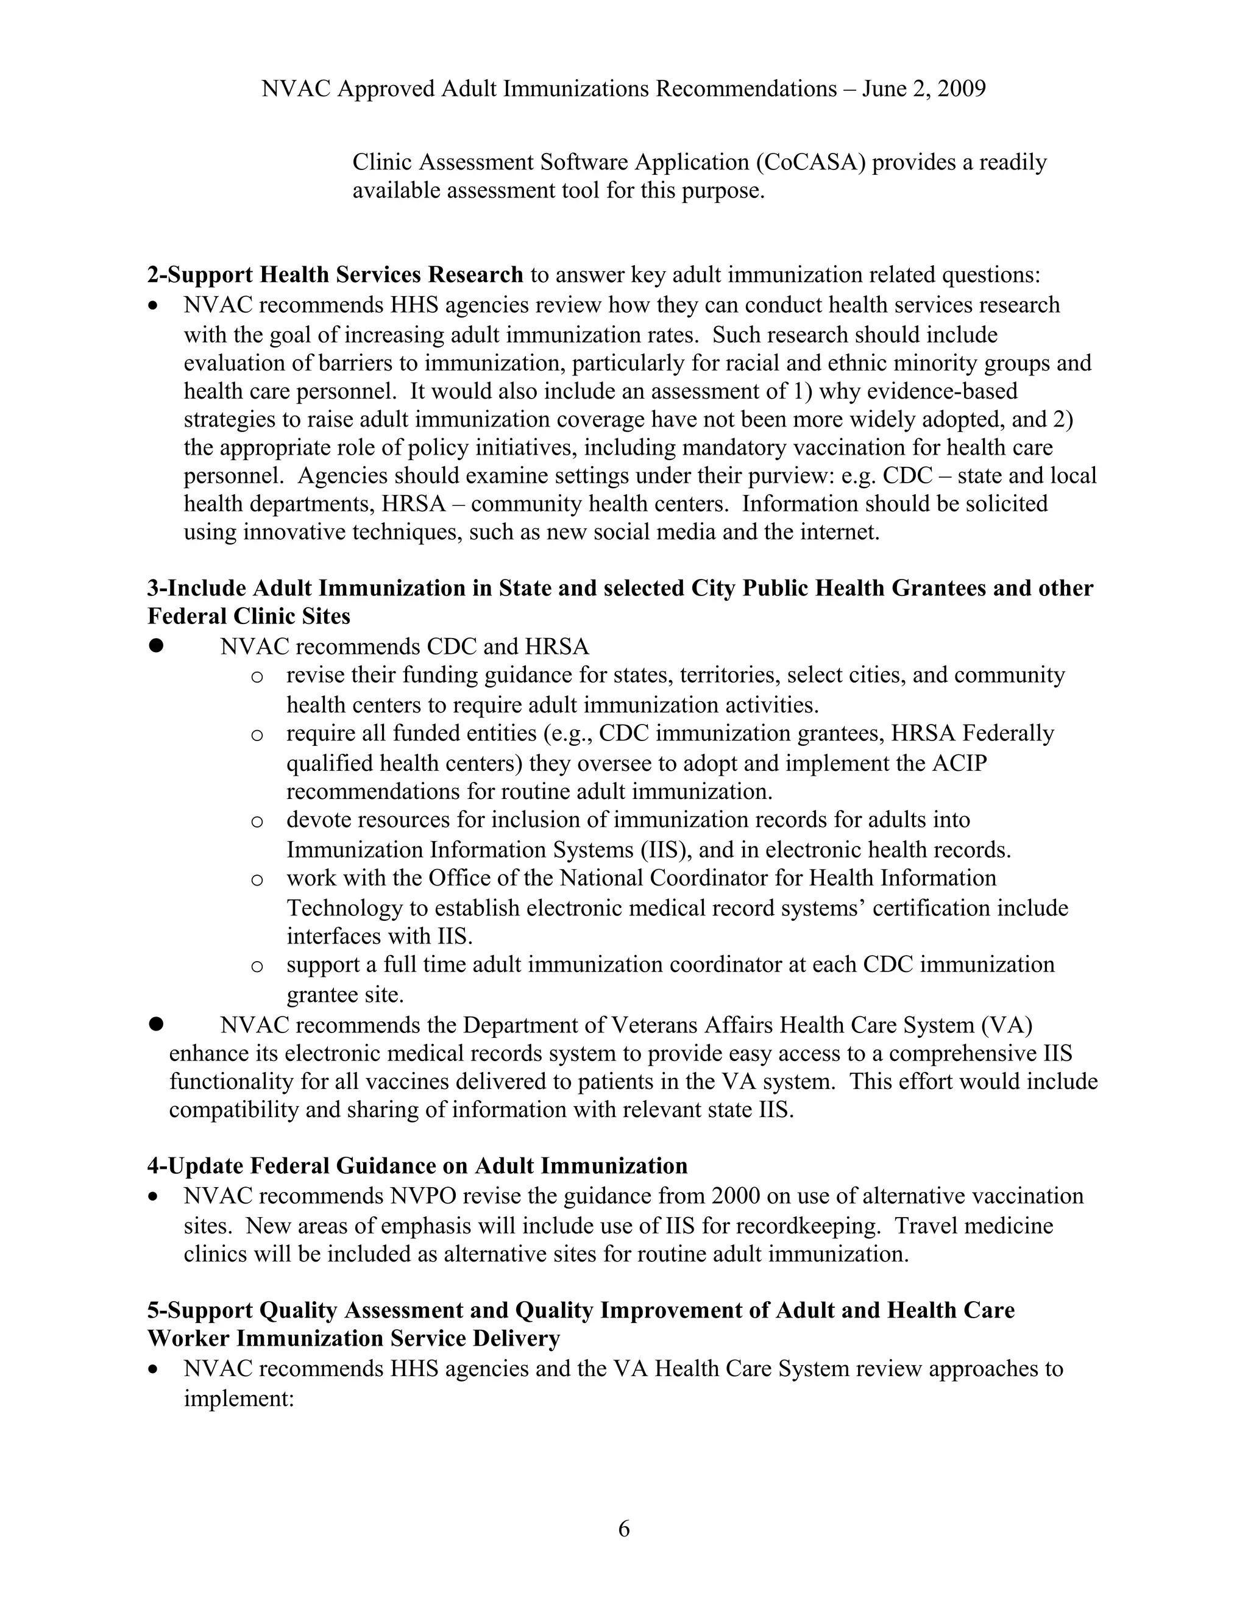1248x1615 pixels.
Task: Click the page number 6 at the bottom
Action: (x=623, y=1528)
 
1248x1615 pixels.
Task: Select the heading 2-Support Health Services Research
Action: (x=335, y=274)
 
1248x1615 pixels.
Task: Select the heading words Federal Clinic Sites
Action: (x=249, y=616)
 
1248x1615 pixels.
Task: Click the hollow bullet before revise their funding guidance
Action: (x=257, y=676)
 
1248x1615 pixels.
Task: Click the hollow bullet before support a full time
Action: (x=257, y=966)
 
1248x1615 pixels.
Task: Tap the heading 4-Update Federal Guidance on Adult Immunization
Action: (x=417, y=1166)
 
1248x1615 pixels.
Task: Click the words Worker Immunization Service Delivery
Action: (x=353, y=1338)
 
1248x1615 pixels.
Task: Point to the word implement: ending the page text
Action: (x=239, y=1397)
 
